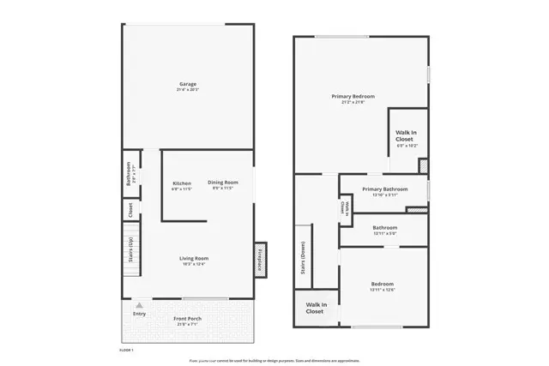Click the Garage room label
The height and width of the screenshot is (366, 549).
pos(188,83)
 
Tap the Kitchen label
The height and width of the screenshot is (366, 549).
pos(182,183)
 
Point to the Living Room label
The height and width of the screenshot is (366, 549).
pos(194,258)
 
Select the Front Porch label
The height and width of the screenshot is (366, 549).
pos(188,319)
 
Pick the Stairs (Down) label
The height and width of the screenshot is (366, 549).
pos(303,257)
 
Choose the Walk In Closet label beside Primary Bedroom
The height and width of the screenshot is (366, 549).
pos(406,135)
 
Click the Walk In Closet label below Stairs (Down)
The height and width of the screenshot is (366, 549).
pos(315,308)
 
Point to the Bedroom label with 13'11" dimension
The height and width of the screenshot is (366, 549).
pos(383,284)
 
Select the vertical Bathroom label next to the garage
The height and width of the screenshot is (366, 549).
pos(129,173)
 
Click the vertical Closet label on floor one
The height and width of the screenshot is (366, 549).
pos(130,208)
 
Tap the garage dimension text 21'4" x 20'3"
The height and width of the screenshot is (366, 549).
pos(188,89)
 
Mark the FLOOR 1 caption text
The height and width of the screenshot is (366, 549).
pos(126,351)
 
